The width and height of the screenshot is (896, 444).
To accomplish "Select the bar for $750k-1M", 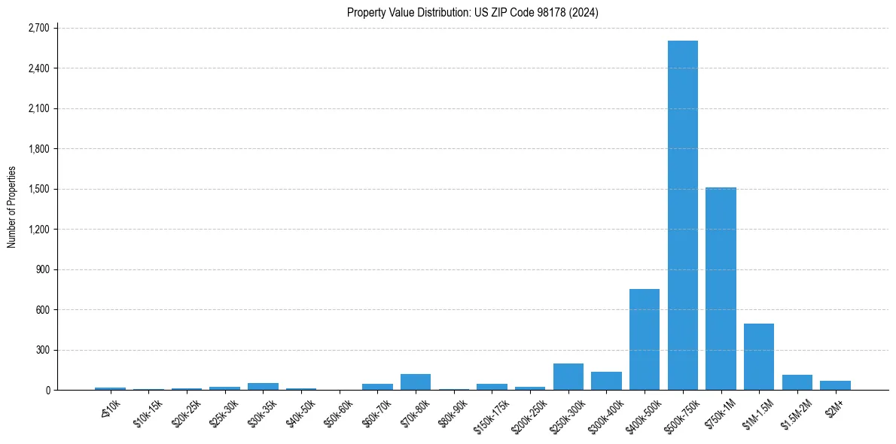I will (721, 289).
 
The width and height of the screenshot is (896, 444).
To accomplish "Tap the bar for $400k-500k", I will (645, 339).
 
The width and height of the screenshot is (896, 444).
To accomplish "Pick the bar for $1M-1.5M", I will (759, 357).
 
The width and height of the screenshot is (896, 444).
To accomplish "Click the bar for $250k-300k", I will (568, 377).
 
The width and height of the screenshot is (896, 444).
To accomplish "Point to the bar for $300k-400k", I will (606, 381).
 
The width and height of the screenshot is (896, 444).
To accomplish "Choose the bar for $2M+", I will (835, 385).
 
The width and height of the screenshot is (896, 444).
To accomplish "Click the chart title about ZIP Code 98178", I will (473, 13).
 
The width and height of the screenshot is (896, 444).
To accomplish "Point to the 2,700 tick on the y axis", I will (38, 28).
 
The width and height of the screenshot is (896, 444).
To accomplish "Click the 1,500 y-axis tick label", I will (38, 189).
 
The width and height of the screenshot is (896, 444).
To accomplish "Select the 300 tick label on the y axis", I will (42, 350).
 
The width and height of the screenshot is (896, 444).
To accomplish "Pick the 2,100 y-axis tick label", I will (38, 108).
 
